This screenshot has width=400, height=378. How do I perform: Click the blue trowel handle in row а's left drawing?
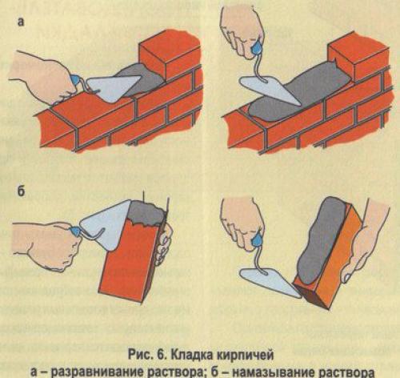(x=77, y=82)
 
